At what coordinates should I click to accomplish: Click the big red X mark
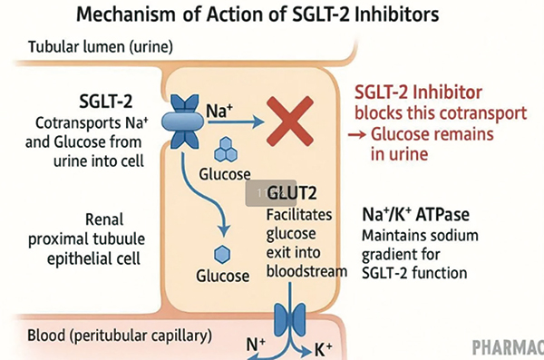(290, 122)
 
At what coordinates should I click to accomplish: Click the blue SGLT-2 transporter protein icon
(183, 122)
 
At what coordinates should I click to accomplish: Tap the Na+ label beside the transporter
(219, 111)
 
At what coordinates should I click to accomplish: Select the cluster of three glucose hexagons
(226, 150)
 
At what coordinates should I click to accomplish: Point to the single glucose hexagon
(222, 255)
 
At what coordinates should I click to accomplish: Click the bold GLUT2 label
(292, 192)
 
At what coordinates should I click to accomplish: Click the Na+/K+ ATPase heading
(415, 214)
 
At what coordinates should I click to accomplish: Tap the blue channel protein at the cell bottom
(290, 318)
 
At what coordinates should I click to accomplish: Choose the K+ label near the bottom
(324, 350)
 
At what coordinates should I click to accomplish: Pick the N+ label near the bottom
(256, 345)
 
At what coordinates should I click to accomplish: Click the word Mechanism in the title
(126, 15)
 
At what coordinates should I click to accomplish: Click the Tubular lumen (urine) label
(101, 47)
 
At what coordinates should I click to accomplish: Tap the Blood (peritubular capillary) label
(120, 336)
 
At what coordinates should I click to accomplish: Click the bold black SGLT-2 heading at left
(106, 102)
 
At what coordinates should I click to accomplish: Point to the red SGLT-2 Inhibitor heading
(418, 92)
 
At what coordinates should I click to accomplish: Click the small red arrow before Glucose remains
(357, 134)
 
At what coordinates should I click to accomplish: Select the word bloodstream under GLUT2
(306, 271)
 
